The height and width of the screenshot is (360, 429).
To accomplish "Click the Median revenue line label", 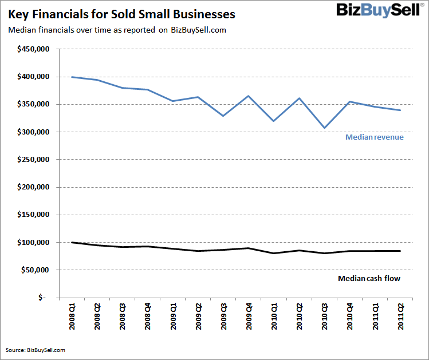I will (375, 137).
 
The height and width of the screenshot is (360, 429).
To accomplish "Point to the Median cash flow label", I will (369, 279).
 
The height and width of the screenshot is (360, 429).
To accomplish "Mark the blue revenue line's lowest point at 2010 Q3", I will (325, 128).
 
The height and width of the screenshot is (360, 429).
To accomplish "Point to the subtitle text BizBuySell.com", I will (198, 30).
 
